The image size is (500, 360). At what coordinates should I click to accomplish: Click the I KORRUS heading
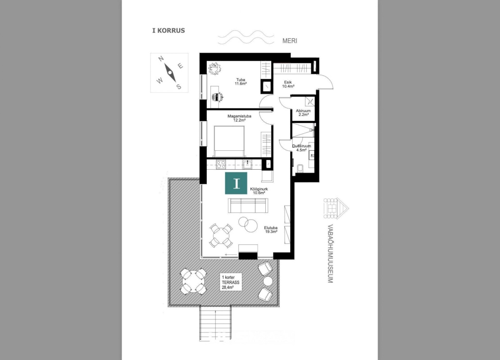point(168,31)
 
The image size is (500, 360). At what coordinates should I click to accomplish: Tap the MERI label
point(290,41)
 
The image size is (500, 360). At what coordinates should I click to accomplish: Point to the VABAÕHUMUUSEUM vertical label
point(330,254)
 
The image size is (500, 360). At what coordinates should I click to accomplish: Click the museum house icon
point(336,208)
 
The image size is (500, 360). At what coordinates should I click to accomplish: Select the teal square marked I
point(236,183)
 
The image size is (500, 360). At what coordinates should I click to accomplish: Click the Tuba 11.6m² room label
point(241,81)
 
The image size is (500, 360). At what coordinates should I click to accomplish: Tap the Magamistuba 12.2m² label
point(239,118)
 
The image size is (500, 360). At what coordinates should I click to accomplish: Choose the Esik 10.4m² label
point(289,84)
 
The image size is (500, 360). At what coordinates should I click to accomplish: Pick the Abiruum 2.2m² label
point(303,113)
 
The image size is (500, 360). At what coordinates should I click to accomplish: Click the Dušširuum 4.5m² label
point(301,148)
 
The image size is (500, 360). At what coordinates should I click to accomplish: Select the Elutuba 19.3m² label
point(271,229)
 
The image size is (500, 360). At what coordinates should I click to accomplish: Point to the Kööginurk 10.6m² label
point(259,191)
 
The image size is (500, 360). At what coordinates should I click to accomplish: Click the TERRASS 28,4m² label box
point(231,282)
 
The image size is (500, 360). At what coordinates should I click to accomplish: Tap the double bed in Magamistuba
point(229,141)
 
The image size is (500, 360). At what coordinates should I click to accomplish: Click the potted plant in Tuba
point(215,69)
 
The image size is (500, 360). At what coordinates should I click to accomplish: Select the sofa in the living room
point(248,206)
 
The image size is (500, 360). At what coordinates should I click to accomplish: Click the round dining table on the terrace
point(193,281)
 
